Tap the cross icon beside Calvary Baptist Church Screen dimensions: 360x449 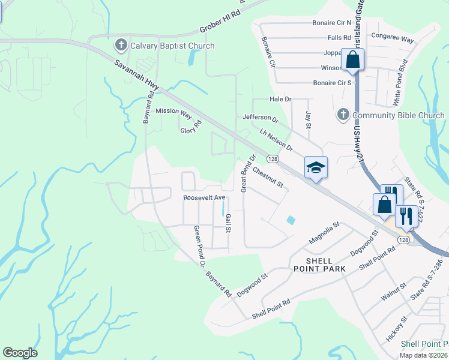pyautogui.click(x=120, y=45)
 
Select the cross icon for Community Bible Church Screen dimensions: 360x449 pyautogui.click(x=343, y=115)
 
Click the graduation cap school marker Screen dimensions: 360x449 pyautogui.click(x=316, y=168)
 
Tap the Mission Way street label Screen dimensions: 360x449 pyautogui.click(x=173, y=112)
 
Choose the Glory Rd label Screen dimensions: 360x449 pyautogui.click(x=191, y=127)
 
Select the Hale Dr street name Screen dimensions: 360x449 pyautogui.click(x=280, y=99)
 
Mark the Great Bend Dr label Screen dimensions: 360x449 pyautogui.click(x=249, y=173)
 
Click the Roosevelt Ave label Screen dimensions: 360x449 pyautogui.click(x=204, y=197)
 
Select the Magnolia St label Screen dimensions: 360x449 pyautogui.click(x=324, y=232)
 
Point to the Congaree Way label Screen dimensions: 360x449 pyautogui.click(x=393, y=40)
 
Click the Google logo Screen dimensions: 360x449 pyautogui.click(x=20, y=353)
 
